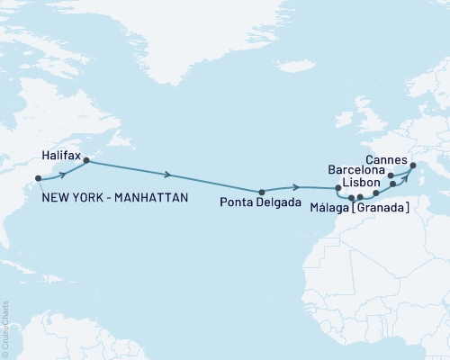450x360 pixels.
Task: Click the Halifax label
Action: pos(61,156)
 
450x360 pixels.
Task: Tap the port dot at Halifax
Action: pos(85,161)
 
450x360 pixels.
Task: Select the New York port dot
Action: pos(37,179)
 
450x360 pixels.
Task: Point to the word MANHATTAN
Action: pos(153,197)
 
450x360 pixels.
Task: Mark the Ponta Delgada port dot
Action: pos(261,192)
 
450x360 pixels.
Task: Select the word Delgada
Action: pos(276,202)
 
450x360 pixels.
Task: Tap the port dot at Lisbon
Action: pos(338,188)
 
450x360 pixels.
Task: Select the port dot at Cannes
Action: pos(412,165)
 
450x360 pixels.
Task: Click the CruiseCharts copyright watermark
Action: pos(5,328)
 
